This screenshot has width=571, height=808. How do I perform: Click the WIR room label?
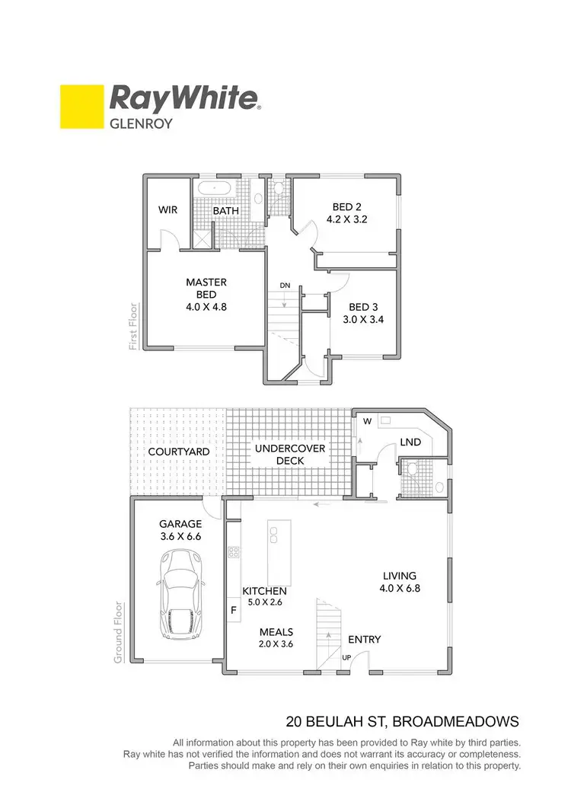point(167,209)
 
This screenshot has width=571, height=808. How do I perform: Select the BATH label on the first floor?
point(226,210)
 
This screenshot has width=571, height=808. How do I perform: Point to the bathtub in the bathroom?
point(218,189)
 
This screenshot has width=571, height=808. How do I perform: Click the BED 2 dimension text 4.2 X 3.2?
point(347,219)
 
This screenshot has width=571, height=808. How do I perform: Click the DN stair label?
point(285,286)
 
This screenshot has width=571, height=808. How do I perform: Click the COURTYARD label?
point(178,452)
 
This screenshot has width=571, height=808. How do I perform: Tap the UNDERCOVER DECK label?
point(290,455)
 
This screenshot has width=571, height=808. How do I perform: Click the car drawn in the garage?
point(180,592)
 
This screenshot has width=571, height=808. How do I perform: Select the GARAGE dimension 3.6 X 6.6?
point(180,537)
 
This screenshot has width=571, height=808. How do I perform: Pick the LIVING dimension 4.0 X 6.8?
point(400,588)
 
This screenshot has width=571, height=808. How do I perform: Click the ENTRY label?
point(364,640)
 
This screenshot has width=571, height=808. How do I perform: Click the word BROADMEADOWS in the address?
point(455,720)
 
